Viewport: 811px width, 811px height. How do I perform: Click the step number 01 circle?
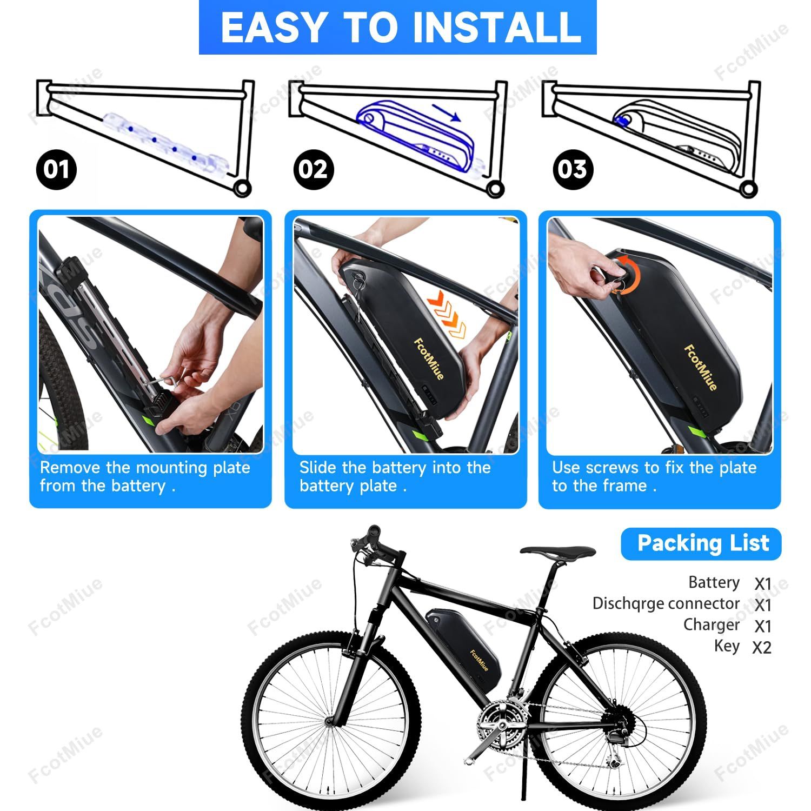point(56,169)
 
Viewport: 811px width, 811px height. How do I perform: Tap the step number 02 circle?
point(313,169)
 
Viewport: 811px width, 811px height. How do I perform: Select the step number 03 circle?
point(573,169)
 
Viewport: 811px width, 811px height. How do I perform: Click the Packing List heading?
point(702,543)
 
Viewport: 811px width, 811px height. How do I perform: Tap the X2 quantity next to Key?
point(762,647)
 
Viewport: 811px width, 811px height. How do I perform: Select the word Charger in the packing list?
point(711,624)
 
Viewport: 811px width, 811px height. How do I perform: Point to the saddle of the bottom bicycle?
point(558,553)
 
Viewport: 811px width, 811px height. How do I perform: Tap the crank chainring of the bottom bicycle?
point(501,722)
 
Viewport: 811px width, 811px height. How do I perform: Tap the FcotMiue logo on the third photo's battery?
point(700,367)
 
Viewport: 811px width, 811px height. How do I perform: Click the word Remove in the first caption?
point(70,468)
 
